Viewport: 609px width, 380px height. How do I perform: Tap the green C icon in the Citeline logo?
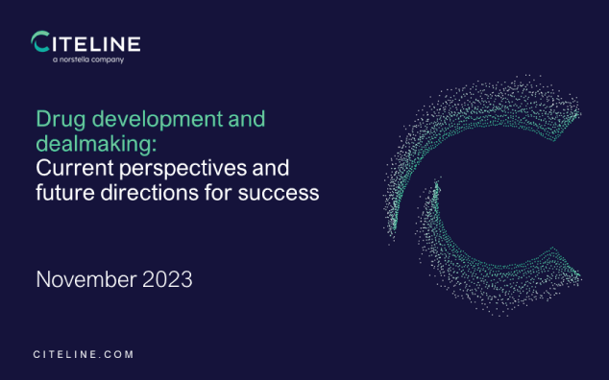click(x=41, y=43)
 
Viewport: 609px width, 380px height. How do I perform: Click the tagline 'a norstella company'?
click(x=88, y=59)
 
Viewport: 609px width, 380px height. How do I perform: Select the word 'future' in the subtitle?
click(x=64, y=195)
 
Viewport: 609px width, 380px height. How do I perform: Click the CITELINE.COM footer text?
click(x=84, y=354)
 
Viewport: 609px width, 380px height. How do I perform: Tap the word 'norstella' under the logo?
click(x=82, y=59)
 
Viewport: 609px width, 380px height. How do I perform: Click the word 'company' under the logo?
click(x=109, y=59)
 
